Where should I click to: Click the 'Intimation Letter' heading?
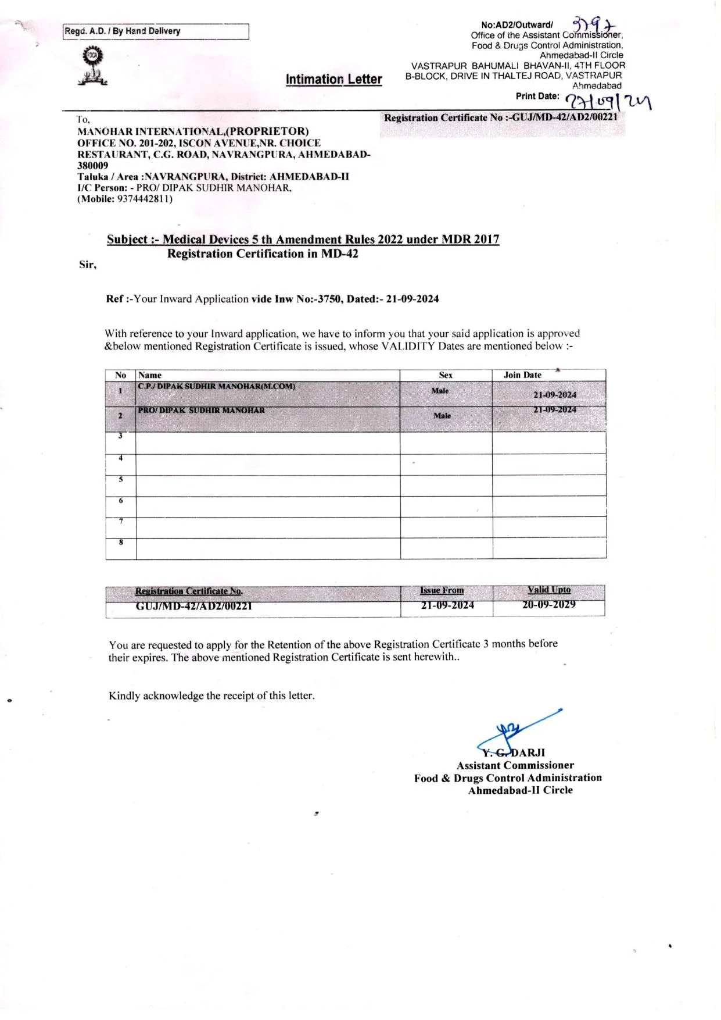point(333,79)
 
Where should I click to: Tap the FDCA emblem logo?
point(92,66)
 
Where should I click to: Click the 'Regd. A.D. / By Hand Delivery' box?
point(156,31)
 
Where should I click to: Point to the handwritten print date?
point(608,101)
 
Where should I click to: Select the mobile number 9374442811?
point(144,199)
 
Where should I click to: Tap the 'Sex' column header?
point(446,375)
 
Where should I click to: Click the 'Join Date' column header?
point(522,375)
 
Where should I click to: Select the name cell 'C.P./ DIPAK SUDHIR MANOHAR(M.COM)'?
point(217,387)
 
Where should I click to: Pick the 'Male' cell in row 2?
point(442,416)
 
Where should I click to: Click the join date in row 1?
point(555,395)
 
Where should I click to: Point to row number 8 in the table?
point(121,543)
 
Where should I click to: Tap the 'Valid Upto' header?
point(549,590)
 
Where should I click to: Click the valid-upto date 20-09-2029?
point(549,605)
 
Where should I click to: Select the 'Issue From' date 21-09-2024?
point(447,605)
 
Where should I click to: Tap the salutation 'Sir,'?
point(88,265)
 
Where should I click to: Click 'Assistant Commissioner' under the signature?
point(515,765)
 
